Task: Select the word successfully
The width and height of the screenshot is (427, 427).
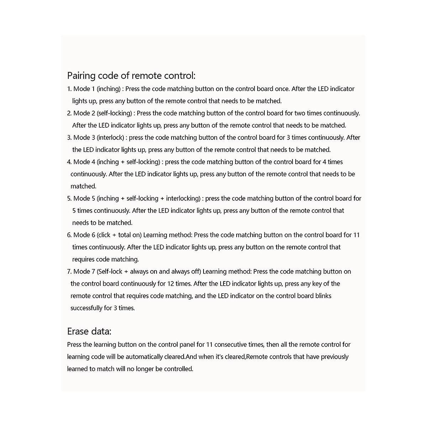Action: tap(86, 308)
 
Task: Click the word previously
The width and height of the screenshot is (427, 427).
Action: tap(335, 357)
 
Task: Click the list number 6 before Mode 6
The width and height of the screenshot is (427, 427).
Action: tap(69, 235)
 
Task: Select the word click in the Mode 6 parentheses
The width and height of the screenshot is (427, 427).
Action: tap(104, 235)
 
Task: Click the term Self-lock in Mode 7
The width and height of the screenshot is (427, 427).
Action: tap(110, 272)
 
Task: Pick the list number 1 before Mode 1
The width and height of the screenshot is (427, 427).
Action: tap(69, 89)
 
